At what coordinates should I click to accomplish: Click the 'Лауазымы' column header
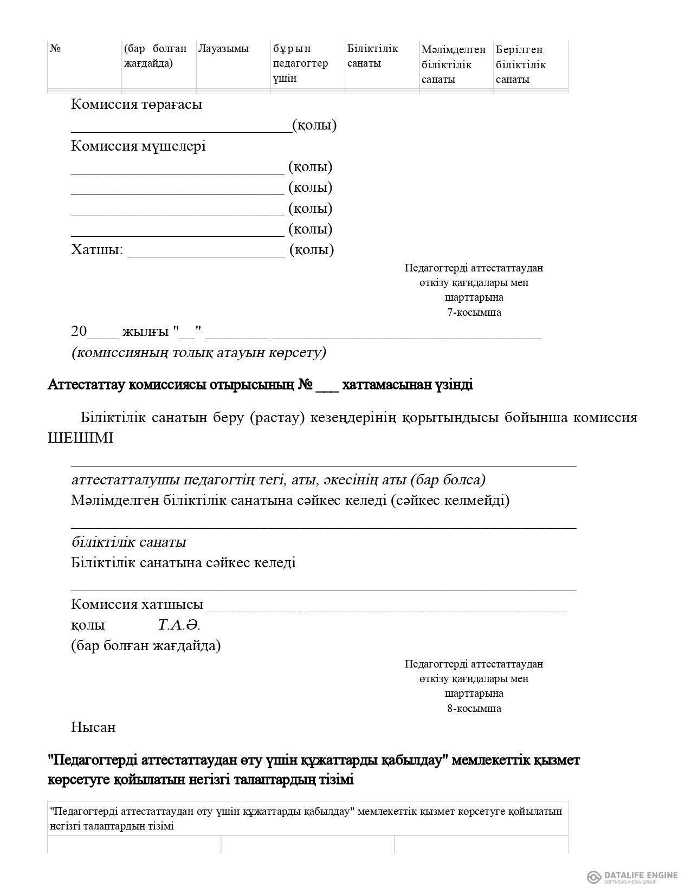(x=223, y=49)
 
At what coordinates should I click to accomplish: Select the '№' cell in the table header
(x=55, y=49)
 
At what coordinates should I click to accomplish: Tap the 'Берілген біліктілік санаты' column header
(x=520, y=64)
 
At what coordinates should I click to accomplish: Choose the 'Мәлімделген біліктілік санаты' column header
(x=453, y=64)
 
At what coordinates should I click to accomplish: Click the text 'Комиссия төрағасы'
(x=136, y=104)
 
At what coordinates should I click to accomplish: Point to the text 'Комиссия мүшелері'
(x=138, y=146)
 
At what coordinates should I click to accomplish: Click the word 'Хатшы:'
(x=97, y=250)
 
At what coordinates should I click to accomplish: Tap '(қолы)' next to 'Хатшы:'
(x=312, y=250)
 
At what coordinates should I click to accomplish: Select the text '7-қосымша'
(x=474, y=312)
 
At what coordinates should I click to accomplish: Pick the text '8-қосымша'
(x=474, y=708)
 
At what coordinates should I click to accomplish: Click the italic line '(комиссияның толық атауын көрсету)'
(x=198, y=353)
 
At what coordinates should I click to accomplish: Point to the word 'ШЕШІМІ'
(x=81, y=438)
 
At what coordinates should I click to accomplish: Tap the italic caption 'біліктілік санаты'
(x=128, y=542)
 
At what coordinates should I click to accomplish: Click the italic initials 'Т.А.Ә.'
(x=179, y=625)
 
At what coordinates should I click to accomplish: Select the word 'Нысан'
(x=93, y=727)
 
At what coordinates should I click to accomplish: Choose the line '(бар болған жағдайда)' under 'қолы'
(x=146, y=646)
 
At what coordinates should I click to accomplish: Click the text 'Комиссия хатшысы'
(x=137, y=604)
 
